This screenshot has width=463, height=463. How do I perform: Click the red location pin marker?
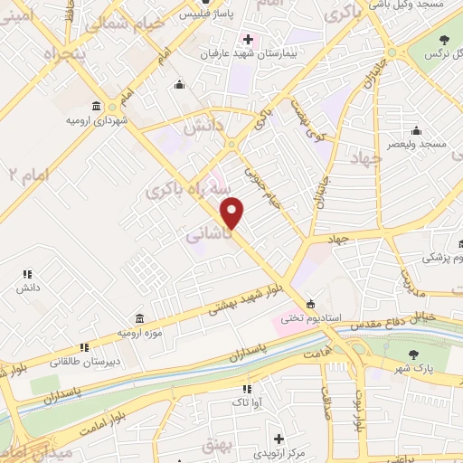point(233,213)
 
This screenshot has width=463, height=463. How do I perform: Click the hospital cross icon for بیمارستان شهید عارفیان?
point(247,40)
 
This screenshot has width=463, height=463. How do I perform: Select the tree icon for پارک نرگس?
point(444,40)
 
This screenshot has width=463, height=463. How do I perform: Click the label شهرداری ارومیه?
point(96,119)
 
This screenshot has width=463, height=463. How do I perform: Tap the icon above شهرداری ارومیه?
point(96,105)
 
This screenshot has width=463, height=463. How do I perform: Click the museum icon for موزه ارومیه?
point(138,319)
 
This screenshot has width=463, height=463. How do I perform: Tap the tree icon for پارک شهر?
point(414,354)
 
